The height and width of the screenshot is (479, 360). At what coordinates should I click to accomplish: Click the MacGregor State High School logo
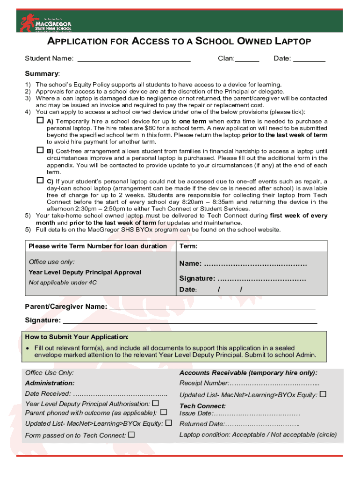coord(45,22)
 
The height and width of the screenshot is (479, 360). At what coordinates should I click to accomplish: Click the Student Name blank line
coord(134,59)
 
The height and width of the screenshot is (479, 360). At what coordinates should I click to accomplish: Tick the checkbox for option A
coord(40,121)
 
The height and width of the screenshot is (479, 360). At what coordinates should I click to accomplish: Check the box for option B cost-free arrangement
coord(40,151)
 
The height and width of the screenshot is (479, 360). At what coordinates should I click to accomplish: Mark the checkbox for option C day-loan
coord(40,181)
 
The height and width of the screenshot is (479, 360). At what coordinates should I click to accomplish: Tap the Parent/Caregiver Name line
coord(212,307)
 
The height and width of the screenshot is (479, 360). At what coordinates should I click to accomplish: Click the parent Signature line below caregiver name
coord(189,320)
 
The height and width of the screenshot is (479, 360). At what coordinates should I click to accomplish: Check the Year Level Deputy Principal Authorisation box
coord(156,403)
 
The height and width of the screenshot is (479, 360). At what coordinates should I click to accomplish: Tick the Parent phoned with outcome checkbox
coord(163,412)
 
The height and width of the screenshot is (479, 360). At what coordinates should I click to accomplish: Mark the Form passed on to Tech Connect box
coord(131,435)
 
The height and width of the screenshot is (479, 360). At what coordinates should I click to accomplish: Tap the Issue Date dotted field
coord(257,414)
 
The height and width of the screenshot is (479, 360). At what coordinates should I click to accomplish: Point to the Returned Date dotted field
coord(262,424)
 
